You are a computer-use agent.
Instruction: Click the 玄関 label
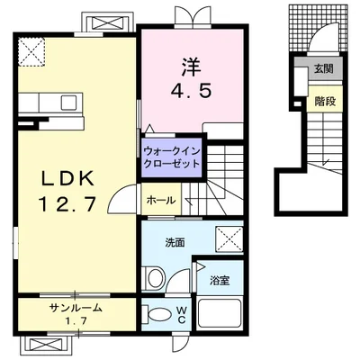323,68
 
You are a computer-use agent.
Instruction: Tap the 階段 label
324,101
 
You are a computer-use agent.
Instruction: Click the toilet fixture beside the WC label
157,314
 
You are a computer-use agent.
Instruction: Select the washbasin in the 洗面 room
154,275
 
